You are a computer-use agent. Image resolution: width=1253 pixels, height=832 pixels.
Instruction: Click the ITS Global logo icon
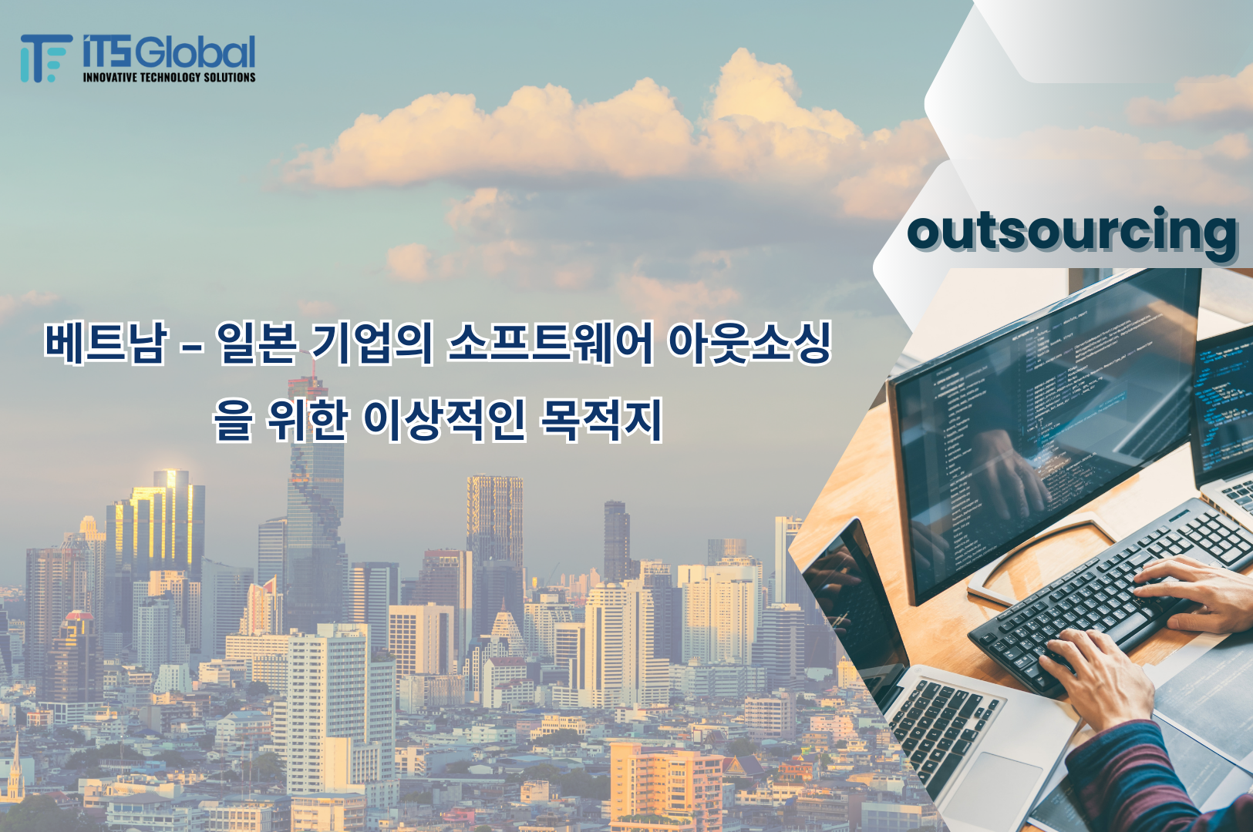click(x=43, y=58)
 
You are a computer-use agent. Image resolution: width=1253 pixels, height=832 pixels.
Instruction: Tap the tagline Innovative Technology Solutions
click(x=169, y=77)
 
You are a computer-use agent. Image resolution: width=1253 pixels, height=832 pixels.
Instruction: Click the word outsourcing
click(x=1072, y=230)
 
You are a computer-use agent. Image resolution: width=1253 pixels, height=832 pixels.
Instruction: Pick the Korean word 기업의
click(x=371, y=342)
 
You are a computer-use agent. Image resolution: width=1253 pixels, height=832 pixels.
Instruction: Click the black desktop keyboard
click(x=1110, y=593)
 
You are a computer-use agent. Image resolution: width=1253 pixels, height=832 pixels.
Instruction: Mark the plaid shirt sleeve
click(x=1133, y=778)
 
